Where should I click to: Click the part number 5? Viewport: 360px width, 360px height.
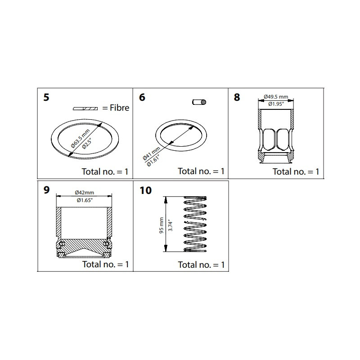click(46, 97)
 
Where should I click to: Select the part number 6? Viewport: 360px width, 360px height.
click(142, 97)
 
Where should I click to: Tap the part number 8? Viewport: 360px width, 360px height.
click(237, 97)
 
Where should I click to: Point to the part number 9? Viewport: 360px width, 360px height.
click(46, 190)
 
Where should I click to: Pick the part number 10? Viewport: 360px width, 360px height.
click(145, 190)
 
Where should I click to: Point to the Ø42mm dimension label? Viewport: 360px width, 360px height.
click(84, 194)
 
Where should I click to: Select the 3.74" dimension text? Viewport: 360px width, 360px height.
click(170, 223)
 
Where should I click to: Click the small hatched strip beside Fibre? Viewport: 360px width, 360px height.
click(85, 108)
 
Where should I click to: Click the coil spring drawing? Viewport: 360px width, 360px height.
click(195, 224)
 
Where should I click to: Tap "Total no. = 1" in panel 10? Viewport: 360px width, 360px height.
click(201, 265)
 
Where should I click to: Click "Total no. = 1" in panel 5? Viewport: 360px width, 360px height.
click(105, 171)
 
